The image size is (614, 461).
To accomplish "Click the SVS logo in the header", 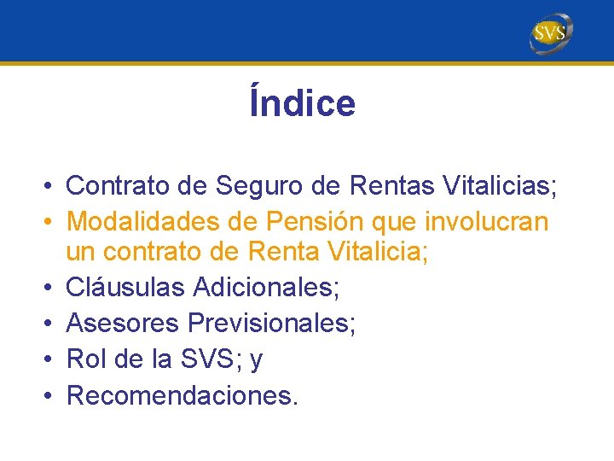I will (550, 33).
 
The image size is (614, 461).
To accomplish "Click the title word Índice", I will (303, 103).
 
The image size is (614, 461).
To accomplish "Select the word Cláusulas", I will (125, 288).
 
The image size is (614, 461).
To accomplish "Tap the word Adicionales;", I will (266, 288).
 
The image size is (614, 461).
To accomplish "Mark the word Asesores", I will (123, 324).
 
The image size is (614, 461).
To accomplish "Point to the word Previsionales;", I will (272, 324).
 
